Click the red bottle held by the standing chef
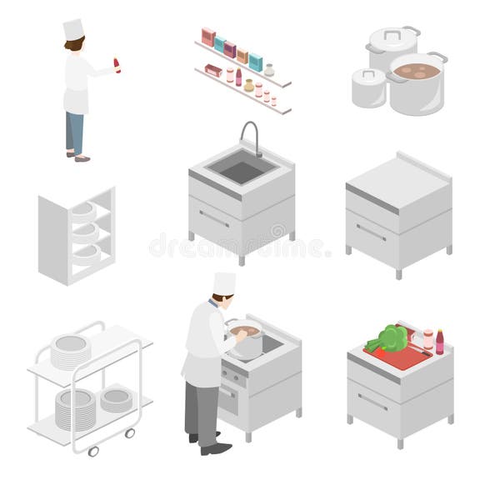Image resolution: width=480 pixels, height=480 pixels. coord(117,65)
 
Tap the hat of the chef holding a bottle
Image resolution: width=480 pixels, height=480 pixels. coord(73,30)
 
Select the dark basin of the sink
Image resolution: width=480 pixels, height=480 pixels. coord(241,171)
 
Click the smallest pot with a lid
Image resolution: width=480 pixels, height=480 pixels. coord(368,87)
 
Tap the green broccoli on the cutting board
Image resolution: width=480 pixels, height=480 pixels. coord(390,337)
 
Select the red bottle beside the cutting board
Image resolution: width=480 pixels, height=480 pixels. coord(439,342)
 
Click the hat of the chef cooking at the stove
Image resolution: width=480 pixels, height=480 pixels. coord(223,283)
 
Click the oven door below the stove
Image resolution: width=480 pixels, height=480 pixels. coord(229,398)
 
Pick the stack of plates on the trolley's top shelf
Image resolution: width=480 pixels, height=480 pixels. coord(71,351)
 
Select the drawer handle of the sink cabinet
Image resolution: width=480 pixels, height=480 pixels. coord(214,218)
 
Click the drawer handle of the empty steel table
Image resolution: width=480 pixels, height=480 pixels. coord(372,232)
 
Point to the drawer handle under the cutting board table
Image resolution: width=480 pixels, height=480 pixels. coord(372,401)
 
